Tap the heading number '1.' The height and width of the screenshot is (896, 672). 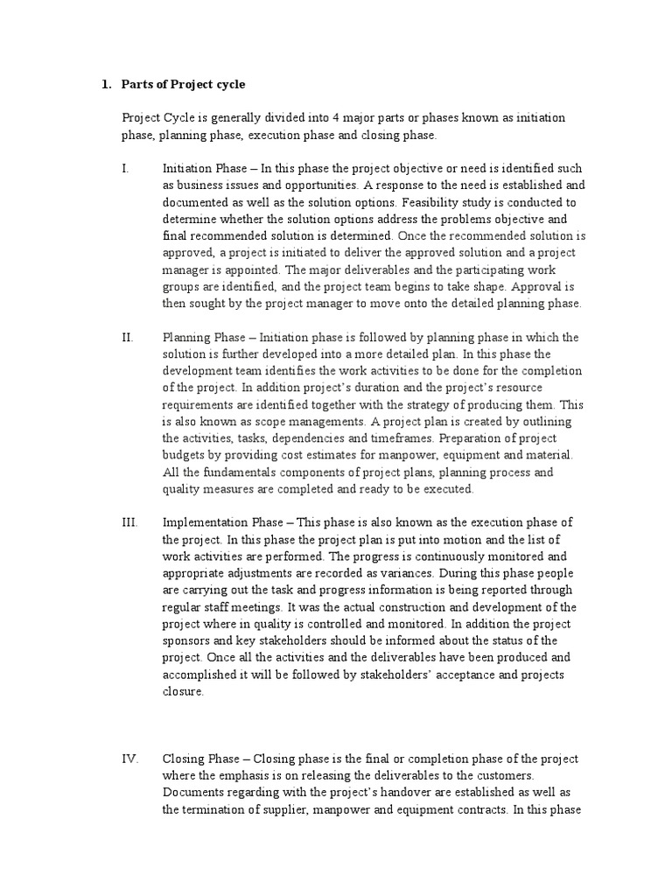107,85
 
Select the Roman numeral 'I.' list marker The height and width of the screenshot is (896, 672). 126,168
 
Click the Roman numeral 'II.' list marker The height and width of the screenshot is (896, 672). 128,338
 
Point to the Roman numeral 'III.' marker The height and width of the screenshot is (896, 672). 129,522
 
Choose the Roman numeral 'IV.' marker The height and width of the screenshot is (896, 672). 129,759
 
